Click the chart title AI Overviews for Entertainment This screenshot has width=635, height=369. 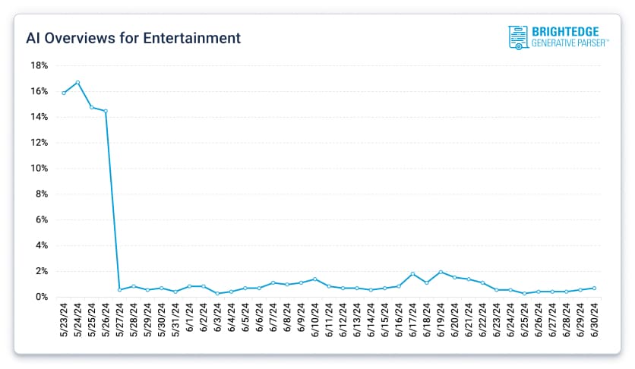pyautogui.click(x=134, y=37)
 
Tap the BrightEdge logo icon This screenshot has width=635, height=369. pyautogui.click(x=518, y=37)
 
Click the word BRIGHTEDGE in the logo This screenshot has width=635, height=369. pyautogui.click(x=565, y=32)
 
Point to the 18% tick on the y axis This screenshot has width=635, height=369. pyautogui.click(x=39, y=65)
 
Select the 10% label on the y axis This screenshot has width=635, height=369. pyautogui.click(x=39, y=169)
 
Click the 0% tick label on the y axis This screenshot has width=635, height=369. pyautogui.click(x=43, y=297)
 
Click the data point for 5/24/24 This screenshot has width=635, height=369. pyautogui.click(x=77, y=82)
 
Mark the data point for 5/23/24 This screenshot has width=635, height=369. pyautogui.click(x=64, y=93)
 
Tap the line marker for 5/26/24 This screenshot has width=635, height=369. pyautogui.click(x=106, y=111)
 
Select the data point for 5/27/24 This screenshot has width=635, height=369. pyautogui.click(x=119, y=289)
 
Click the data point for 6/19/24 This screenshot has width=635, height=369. pyautogui.click(x=441, y=272)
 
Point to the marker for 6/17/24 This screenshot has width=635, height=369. pyautogui.click(x=412, y=273)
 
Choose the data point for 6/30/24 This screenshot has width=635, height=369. pyautogui.click(x=594, y=288)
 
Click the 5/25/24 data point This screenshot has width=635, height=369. pyautogui.click(x=92, y=107)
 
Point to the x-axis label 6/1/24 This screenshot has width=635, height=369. pyautogui.click(x=190, y=320)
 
